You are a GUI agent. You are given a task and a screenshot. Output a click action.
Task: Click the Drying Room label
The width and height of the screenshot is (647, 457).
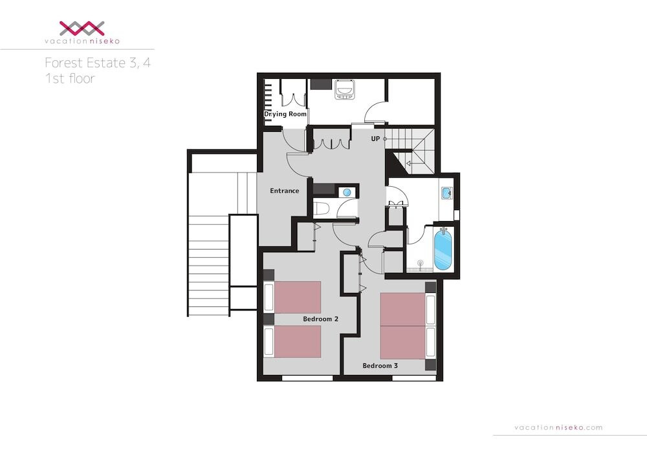point(285,114)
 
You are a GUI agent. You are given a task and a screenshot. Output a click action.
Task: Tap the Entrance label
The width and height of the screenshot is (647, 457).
point(284,191)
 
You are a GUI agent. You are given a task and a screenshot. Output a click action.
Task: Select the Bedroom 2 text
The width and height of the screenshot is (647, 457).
point(321,319)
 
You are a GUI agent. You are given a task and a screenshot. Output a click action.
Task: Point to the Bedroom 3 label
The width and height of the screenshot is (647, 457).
point(380,365)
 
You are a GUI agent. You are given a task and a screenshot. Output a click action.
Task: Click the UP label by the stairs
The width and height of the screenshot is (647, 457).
point(375,138)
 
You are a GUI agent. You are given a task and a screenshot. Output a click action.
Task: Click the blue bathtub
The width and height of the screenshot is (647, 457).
point(443,250)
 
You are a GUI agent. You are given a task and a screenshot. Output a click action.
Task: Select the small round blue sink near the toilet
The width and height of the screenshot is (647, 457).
point(347,192)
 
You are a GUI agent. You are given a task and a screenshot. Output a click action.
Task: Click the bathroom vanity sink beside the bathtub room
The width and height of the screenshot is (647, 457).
point(446,193)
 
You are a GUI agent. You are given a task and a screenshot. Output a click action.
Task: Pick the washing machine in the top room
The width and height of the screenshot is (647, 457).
point(344,89)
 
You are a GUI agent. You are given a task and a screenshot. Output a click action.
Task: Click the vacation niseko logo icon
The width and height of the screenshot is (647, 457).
point(82,28)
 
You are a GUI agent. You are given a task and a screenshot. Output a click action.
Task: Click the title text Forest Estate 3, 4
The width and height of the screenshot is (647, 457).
point(98,63)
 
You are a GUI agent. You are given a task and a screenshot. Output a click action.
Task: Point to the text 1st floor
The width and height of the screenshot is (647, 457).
point(70,78)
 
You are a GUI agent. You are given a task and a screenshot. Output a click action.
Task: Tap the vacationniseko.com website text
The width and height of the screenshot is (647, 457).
point(558,427)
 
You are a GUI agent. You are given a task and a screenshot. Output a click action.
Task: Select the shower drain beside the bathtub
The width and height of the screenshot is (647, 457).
point(421,262)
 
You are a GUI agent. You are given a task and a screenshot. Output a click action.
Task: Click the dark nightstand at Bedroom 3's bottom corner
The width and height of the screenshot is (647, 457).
point(430,365)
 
